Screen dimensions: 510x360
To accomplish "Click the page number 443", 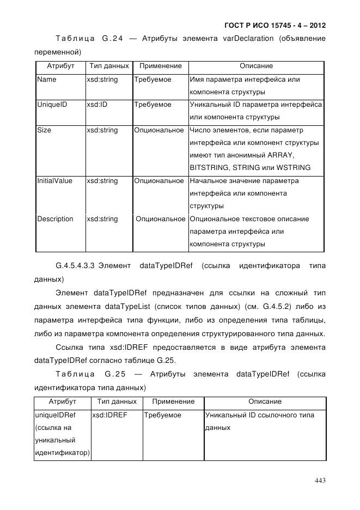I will (x=320, y=479).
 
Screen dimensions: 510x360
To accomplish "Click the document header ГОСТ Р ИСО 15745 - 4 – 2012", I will (x=275, y=26).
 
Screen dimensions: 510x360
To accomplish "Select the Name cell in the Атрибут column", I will (x=46, y=80).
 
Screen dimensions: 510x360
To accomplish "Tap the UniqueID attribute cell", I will (x=52, y=105).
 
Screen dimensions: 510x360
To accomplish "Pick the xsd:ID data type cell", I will (x=97, y=105).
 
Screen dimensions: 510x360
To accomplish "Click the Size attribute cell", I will (x=44, y=130).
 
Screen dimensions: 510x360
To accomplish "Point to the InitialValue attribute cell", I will (x=54, y=181).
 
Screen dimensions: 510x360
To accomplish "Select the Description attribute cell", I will (x=55, y=219).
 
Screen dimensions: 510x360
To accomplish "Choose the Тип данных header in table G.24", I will (x=109, y=66).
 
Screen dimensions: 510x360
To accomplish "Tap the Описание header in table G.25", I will (x=265, y=402).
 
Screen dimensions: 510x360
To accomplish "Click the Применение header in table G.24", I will (x=160, y=66).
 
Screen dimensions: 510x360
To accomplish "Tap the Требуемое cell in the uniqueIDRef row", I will (x=162, y=415).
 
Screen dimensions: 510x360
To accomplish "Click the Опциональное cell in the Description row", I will (x=160, y=219).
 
